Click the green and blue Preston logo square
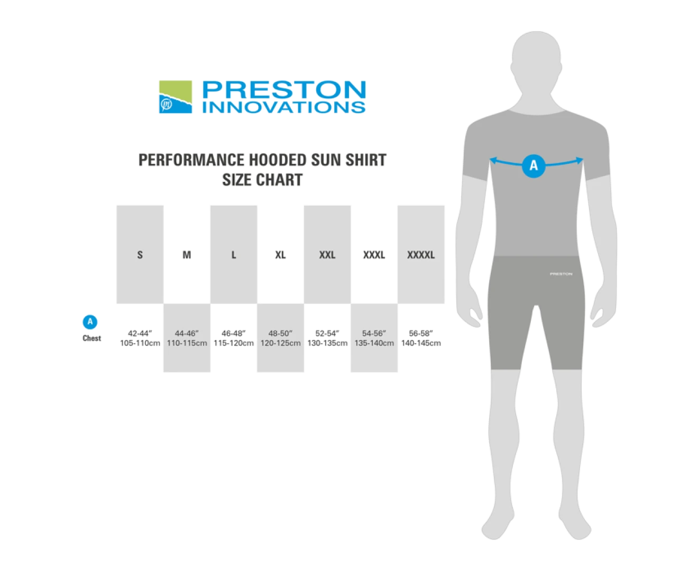[176, 97]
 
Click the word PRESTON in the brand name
[284, 89]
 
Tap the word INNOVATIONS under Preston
[284, 107]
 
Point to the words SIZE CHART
[262, 180]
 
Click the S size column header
[140, 254]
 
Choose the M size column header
[187, 254]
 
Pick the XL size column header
[281, 254]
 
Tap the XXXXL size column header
[421, 254]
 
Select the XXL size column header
[327, 254]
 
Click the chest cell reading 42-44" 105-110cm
[140, 338]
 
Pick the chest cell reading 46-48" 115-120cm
[234, 338]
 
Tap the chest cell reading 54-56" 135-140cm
[374, 338]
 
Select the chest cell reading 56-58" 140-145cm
[421, 338]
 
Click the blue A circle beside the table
[90, 322]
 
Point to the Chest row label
[91, 338]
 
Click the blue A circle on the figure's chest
[534, 166]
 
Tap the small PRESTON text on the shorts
[562, 274]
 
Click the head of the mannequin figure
[536, 66]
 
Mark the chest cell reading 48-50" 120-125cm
[281, 338]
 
